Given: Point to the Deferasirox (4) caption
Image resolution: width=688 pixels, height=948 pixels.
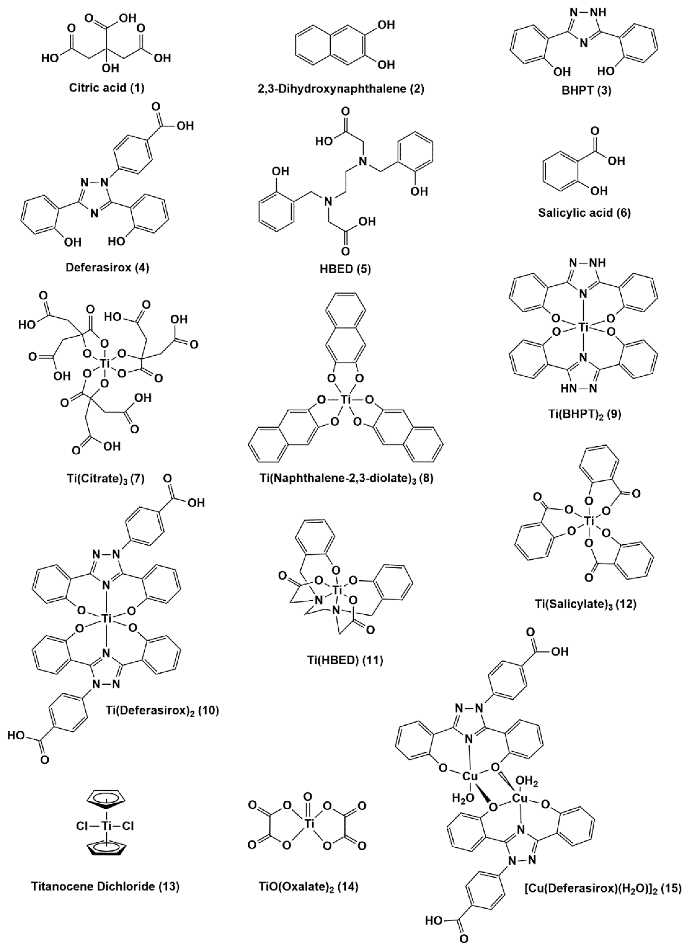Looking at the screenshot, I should coord(108,268).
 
